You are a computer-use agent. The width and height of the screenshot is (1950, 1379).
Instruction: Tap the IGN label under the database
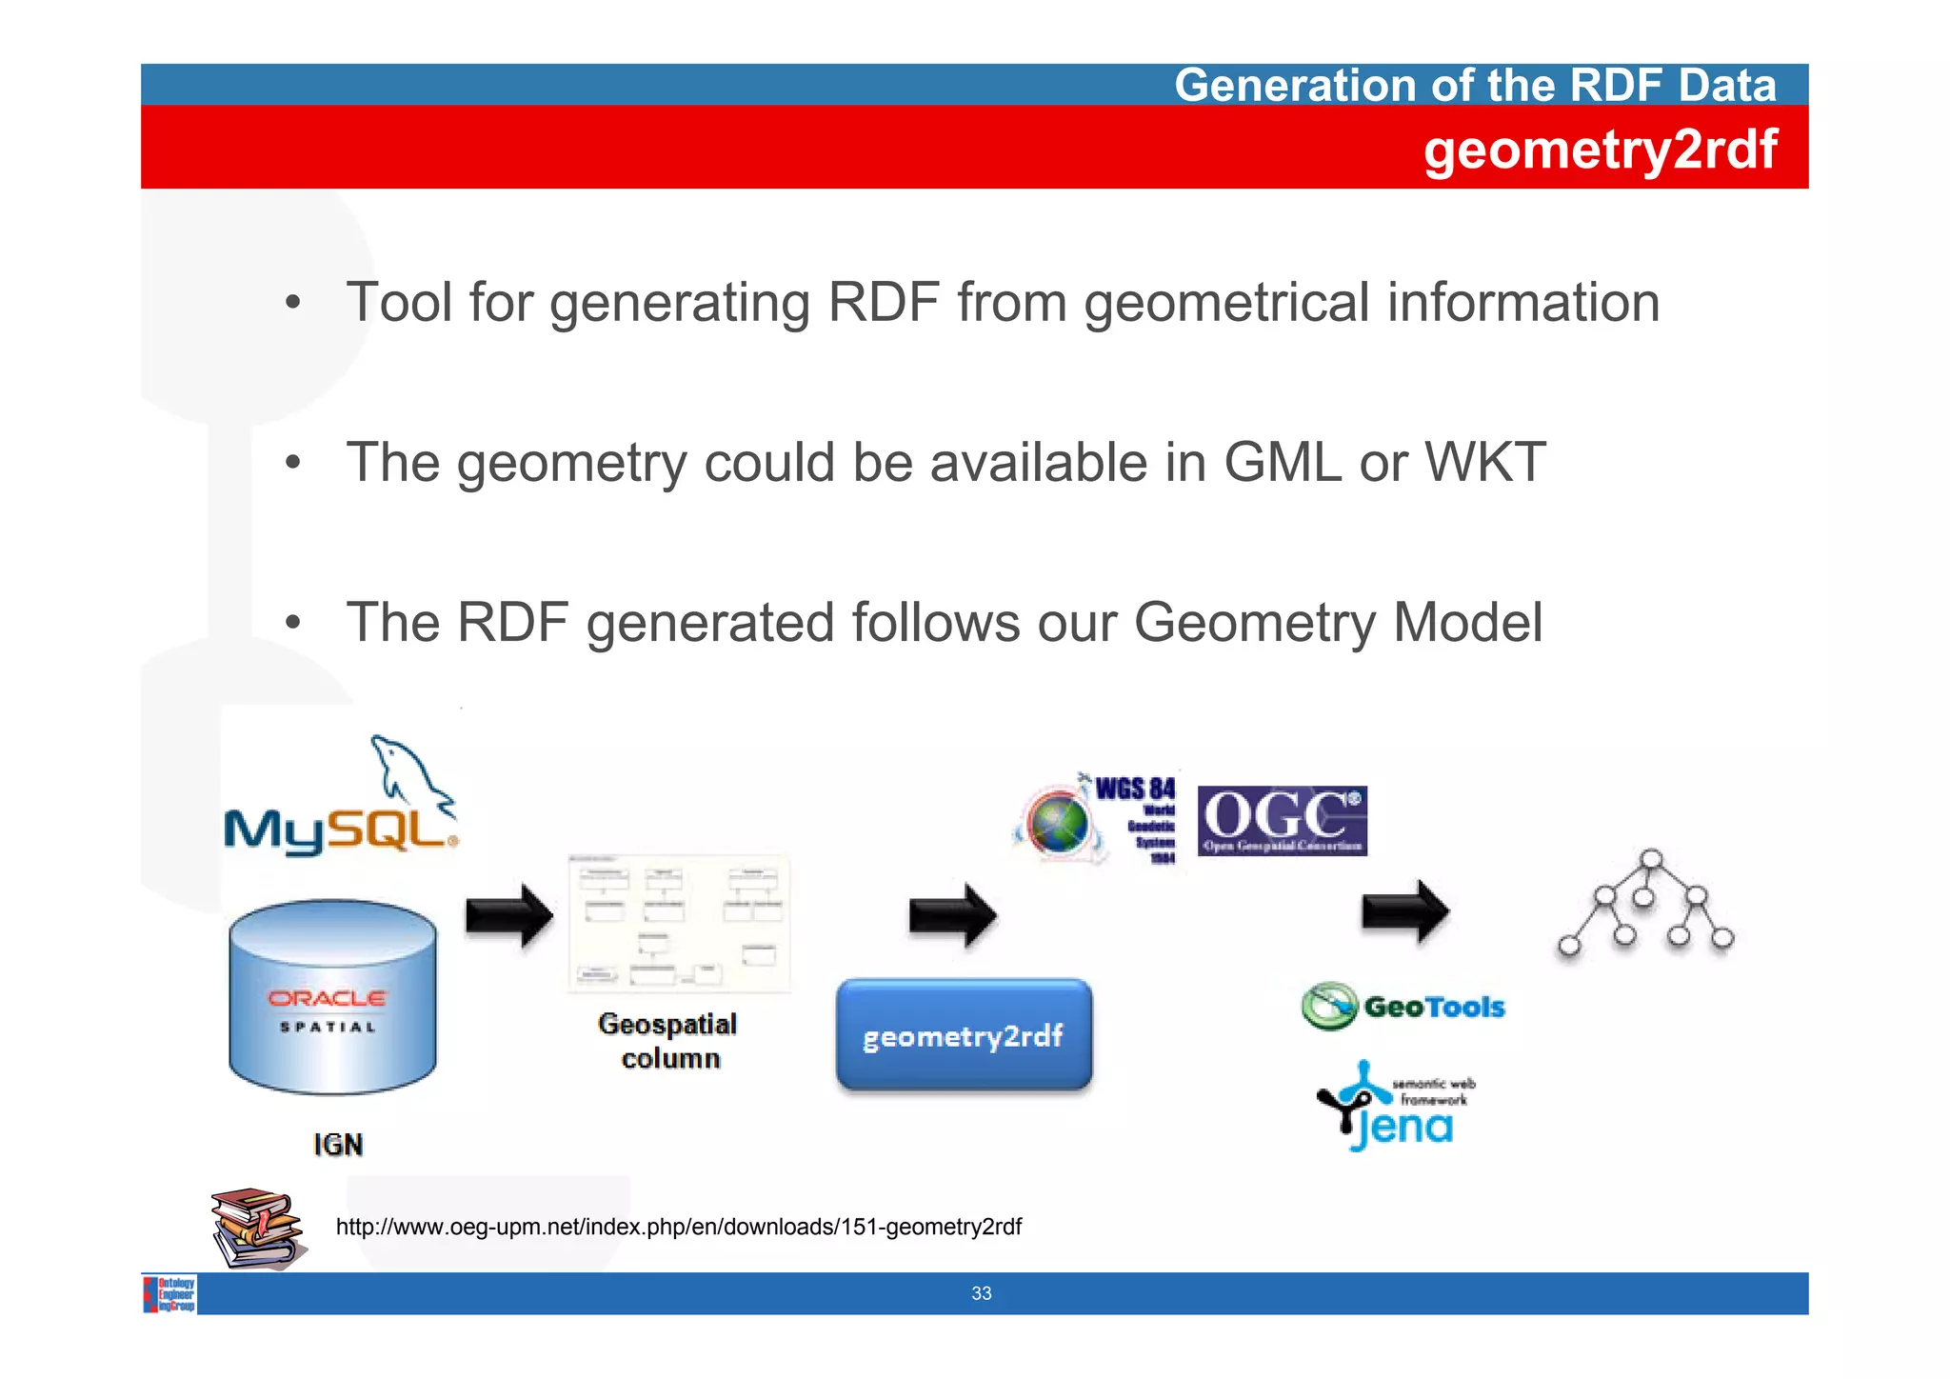tap(338, 1144)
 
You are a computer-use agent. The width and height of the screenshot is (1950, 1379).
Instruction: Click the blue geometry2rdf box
tap(964, 1035)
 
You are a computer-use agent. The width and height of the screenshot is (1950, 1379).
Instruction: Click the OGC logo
tap(1282, 820)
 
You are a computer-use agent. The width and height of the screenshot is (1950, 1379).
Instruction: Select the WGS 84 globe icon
tap(1057, 824)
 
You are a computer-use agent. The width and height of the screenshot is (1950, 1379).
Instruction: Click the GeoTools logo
tap(1403, 1007)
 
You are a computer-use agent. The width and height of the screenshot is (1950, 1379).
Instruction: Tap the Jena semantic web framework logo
tap(1396, 1108)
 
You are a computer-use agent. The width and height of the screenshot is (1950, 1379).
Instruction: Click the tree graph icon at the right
tap(1646, 903)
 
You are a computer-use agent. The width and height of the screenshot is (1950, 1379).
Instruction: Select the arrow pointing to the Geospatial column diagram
tap(509, 916)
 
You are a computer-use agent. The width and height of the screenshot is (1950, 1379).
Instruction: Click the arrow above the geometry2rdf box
tap(952, 915)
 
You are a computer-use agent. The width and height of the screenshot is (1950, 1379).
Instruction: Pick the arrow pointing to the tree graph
tap(1405, 911)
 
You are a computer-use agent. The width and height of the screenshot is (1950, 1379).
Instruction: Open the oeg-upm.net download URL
tap(678, 1227)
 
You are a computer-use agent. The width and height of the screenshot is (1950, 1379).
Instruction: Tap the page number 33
tap(981, 1293)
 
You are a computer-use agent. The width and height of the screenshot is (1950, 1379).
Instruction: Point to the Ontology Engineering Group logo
tap(170, 1294)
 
